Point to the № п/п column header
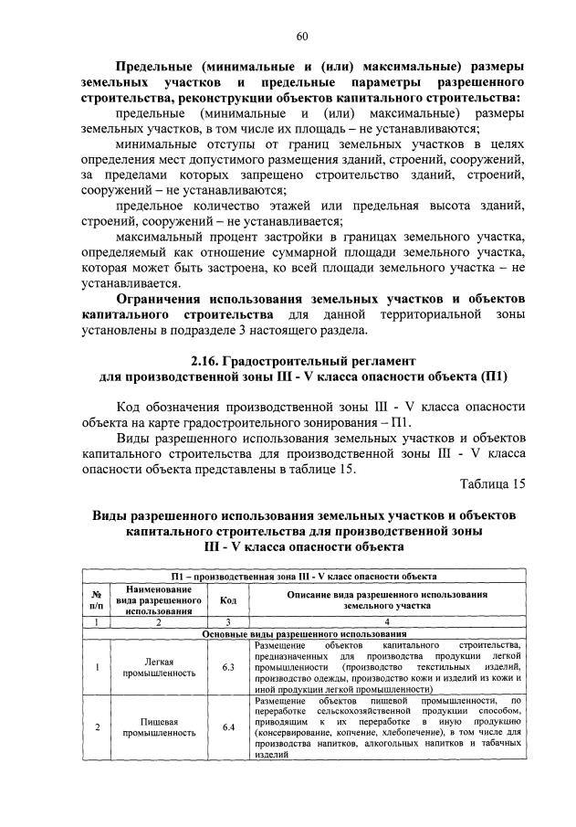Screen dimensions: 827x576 click(x=95, y=600)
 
